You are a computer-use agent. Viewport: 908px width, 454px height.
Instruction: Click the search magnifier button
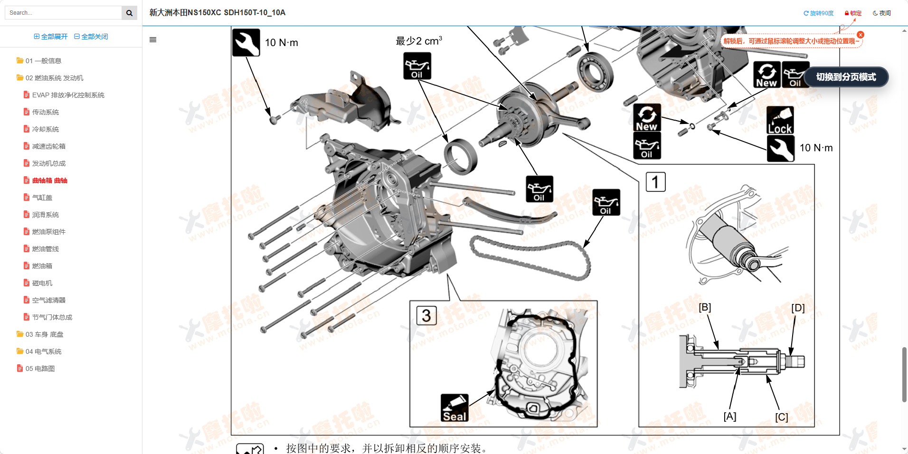point(129,13)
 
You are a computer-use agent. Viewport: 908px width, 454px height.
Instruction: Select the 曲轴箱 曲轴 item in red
point(49,180)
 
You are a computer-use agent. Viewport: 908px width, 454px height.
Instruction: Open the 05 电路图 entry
point(40,369)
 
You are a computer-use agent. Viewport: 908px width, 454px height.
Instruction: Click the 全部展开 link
point(51,37)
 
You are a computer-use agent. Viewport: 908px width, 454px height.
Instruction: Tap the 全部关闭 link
point(91,37)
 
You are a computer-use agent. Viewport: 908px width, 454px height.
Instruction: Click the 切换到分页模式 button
point(846,77)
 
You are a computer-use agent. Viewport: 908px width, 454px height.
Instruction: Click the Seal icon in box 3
point(454,408)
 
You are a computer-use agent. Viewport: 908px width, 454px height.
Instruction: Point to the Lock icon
point(780,120)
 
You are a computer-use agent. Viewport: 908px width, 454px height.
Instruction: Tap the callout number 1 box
point(655,182)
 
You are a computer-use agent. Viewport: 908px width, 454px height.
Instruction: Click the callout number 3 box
point(426,315)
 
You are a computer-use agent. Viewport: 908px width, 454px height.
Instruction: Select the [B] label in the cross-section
point(705,307)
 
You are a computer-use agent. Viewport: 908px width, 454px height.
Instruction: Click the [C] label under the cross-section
point(781,416)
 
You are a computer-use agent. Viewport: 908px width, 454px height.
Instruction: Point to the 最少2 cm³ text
point(418,41)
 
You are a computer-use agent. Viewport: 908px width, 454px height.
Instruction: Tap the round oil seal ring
point(461,157)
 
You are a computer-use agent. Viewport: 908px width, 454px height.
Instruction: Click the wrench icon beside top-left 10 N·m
point(246,42)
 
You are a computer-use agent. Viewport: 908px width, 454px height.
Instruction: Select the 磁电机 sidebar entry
point(42,283)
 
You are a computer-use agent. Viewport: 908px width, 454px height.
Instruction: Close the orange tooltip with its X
point(861,35)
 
